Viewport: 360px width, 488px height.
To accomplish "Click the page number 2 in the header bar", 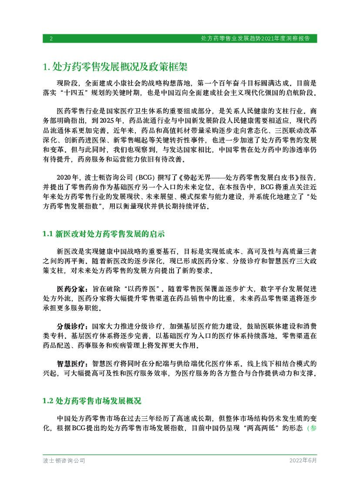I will point(51,38).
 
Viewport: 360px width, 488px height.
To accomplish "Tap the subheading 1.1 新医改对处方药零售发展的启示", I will point(104,234).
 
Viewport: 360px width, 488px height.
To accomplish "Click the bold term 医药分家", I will point(68,289).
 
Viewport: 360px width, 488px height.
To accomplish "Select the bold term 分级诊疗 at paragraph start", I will point(68,326).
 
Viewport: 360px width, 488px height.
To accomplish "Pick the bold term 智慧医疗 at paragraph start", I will point(68,364).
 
